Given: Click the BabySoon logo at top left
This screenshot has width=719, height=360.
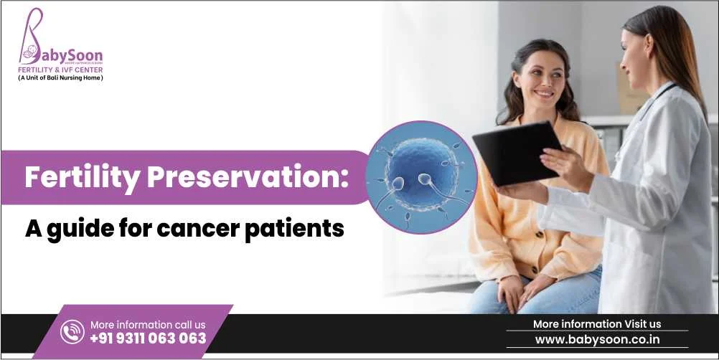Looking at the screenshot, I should pyautogui.click(x=60, y=43).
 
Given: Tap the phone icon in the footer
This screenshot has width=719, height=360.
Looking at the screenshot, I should pyautogui.click(x=72, y=331).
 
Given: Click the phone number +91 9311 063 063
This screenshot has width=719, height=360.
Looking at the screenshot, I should pyautogui.click(x=148, y=338).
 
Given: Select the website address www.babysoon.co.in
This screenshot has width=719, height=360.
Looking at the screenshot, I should pyautogui.click(x=597, y=340).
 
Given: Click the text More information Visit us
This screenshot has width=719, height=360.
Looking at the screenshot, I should pyautogui.click(x=597, y=324).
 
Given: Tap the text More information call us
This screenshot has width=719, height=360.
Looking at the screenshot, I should pyautogui.click(x=148, y=325).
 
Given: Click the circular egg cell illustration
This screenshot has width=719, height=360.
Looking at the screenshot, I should pyautogui.click(x=421, y=176).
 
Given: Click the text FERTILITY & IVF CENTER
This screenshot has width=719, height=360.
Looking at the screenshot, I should pyautogui.click(x=60, y=70).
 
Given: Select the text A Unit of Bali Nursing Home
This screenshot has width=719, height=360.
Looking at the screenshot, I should pyautogui.click(x=60, y=78).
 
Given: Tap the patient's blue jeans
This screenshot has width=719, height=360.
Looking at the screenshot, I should pyautogui.click(x=574, y=294).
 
